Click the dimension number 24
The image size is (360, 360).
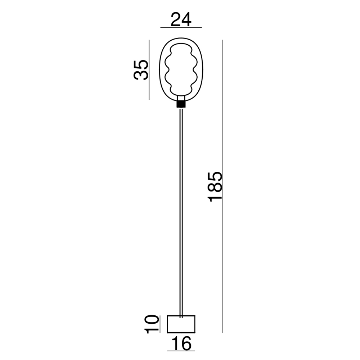(181, 20)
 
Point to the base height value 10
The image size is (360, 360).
(152, 324)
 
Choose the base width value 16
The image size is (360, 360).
(181, 343)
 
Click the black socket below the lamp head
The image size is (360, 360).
(181, 104)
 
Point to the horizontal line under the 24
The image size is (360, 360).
(181, 28)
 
